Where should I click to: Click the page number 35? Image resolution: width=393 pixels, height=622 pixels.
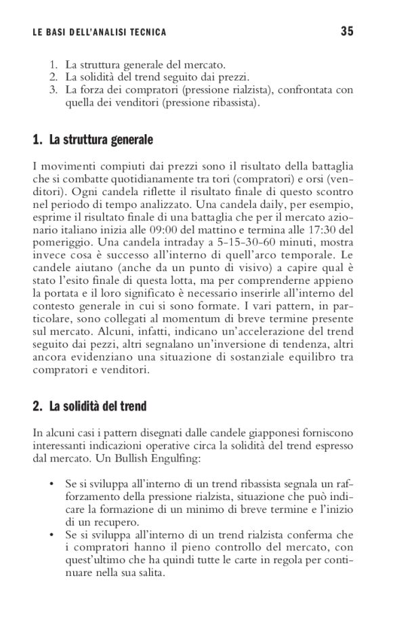click(347, 31)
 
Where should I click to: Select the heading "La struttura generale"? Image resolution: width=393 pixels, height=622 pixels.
click(101, 140)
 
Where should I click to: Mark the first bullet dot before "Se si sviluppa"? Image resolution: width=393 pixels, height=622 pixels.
click(52, 485)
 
